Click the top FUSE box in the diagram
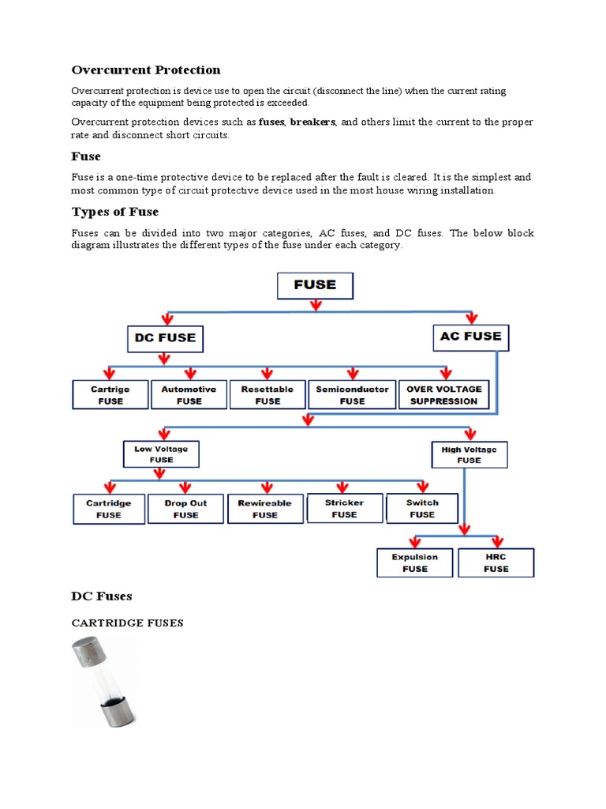pos(315,285)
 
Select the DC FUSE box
pos(164,339)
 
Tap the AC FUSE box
pos(471,337)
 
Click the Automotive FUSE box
pos(189,394)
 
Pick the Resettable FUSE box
pos(267,394)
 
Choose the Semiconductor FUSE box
pos(352,394)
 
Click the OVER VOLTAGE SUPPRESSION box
pos(443,394)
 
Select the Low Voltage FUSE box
pos(161,454)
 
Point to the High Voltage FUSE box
pos(469,454)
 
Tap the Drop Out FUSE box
pos(185,509)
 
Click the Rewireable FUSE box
pos(264,509)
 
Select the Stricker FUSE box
pos(344,508)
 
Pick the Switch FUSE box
pos(421,508)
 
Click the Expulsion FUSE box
pos(415,563)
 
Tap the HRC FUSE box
pos(496,563)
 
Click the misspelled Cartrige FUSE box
pos(110,394)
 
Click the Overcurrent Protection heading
pos(146,70)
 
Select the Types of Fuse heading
pos(115,212)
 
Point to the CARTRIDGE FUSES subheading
pos(127,623)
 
